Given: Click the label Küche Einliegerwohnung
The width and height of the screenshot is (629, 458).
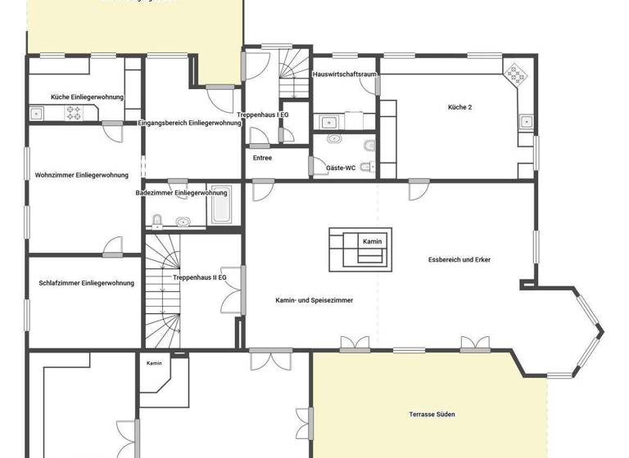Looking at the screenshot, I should coord(87,97).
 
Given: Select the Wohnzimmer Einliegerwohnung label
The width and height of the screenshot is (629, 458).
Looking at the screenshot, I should coord(82,175).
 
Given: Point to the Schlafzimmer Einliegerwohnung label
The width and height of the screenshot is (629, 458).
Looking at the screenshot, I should coord(86,283).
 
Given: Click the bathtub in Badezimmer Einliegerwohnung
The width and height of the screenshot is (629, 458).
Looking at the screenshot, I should coord(219,206).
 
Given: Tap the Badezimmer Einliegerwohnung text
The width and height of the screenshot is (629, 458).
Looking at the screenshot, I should coord(182,193).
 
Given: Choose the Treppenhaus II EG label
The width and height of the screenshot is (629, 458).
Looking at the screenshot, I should coord(200,278).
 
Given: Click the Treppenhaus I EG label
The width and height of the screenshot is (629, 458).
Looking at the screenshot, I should coord(263,114).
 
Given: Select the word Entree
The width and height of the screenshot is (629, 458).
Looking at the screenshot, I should coord(262,158).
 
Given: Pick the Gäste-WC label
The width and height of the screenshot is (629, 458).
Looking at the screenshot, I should coord(341,168).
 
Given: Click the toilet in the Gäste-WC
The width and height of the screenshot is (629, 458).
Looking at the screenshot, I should coord(369,147).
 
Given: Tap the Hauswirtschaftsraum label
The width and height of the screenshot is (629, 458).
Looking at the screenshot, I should coord(345,74).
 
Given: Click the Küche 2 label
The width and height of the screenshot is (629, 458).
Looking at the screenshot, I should coord(459,107).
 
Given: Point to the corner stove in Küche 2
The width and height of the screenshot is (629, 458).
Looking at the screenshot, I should coord(517,75).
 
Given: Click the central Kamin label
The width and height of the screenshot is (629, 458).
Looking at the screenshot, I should coord(373,241).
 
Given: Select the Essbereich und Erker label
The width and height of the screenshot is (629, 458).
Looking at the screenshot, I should coord(459,260).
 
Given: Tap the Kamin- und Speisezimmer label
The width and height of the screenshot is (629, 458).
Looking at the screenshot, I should coord(314,300).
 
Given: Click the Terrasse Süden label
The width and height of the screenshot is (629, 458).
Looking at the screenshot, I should coord(432,415).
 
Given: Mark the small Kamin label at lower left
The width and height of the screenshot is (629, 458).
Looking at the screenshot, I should coord(154,363).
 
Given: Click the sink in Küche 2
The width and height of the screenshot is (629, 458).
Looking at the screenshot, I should coord(525,123).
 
